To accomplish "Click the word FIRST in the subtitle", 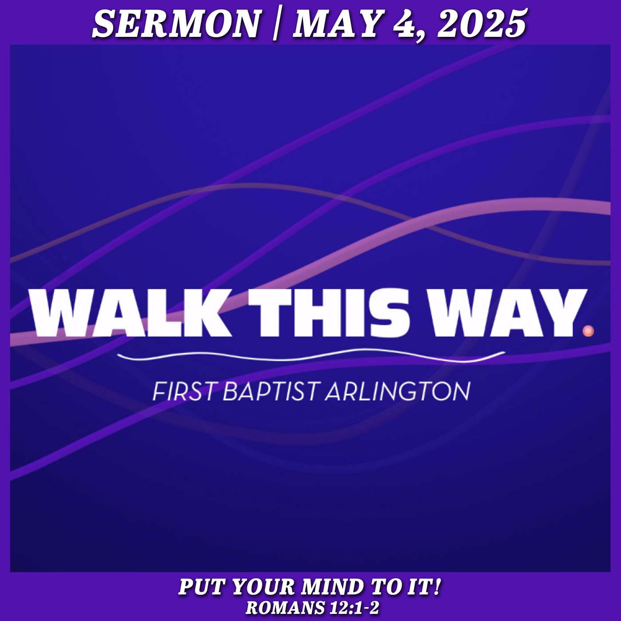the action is (183, 392).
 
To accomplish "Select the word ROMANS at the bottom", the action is (285, 608).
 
